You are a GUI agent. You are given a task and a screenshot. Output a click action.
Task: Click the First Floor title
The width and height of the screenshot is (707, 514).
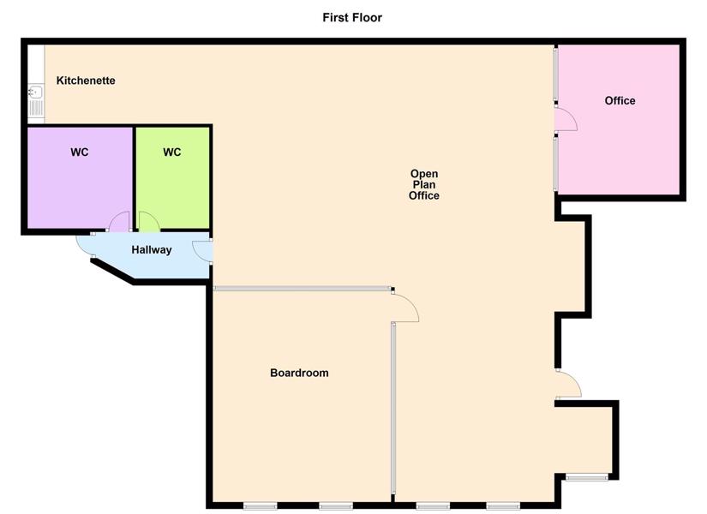352,18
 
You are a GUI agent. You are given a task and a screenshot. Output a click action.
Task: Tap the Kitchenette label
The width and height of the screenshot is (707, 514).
86,81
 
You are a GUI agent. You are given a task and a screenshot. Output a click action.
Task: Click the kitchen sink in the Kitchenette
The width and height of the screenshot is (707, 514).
36,100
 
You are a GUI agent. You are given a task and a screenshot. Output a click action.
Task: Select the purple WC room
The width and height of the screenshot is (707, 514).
80,177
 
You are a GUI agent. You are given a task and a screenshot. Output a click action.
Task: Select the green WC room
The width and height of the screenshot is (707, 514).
173,177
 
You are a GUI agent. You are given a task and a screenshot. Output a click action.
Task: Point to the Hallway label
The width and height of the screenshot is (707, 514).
152,250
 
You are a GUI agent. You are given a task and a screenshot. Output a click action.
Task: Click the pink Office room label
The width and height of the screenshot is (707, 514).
620,100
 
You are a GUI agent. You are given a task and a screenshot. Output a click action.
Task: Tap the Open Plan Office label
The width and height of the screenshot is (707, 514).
424,184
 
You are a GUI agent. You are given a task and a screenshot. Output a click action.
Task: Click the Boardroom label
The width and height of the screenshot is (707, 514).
299,373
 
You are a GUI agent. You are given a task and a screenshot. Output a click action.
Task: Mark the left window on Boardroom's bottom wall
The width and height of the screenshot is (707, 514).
261,506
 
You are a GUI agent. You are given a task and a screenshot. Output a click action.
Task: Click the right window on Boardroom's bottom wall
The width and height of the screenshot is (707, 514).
336,506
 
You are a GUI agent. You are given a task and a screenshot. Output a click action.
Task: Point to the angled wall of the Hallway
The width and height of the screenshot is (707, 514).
113,272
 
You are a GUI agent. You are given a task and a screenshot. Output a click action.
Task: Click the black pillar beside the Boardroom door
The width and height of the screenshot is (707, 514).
392,289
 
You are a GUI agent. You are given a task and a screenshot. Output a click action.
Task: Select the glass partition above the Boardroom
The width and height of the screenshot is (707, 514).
302,288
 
